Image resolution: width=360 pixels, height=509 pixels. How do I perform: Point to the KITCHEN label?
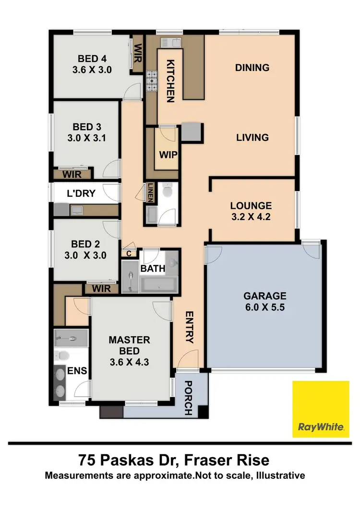(x=170, y=81)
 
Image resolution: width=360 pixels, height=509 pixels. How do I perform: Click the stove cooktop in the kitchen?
(x=152, y=81)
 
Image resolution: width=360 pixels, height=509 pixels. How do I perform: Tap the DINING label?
(x=252, y=68)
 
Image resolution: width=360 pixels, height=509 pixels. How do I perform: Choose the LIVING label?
(x=252, y=138)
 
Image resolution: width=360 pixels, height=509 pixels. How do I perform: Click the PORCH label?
(x=189, y=398)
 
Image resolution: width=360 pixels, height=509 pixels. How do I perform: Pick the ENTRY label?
(x=189, y=327)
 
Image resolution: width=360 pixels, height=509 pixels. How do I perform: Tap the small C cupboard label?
(x=129, y=254)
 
